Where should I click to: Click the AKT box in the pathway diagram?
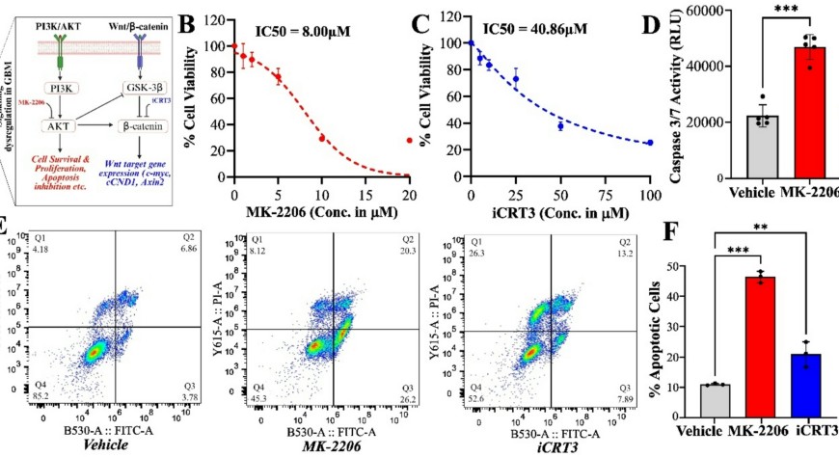pos(59,126)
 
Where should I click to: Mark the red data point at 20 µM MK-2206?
pos(410,141)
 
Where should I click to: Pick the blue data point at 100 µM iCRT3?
pos(650,143)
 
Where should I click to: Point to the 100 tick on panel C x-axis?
pos(650,193)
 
